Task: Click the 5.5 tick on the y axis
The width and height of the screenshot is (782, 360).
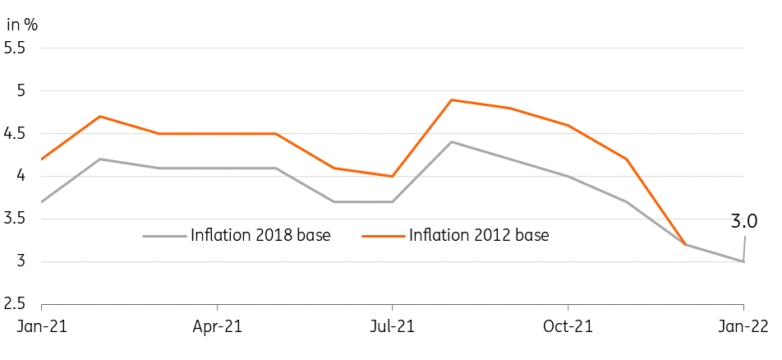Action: coord(16,48)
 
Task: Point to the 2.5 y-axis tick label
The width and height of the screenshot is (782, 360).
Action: coord(16,304)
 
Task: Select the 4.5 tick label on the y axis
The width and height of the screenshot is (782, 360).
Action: coord(16,133)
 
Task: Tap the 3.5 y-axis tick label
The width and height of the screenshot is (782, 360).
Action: coord(16,219)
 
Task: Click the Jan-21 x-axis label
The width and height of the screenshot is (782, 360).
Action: coord(41,326)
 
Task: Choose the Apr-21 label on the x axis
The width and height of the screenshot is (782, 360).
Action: coord(217,326)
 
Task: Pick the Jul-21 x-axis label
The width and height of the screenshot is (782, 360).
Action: coord(392,326)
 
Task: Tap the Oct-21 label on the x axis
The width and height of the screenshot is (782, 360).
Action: coord(568,326)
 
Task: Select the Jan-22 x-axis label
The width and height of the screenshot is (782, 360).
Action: coord(743,326)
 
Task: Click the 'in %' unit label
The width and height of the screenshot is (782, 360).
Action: coord(22,24)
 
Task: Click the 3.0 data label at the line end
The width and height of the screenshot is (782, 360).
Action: coord(744,221)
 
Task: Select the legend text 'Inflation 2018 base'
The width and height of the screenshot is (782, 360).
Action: coord(260,236)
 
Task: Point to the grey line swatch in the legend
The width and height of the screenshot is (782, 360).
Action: coord(164,236)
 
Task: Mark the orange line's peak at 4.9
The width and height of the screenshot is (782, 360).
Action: coord(451,99)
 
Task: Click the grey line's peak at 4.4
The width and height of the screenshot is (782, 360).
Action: coord(451,142)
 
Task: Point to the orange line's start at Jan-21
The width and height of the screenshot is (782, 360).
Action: coord(41,159)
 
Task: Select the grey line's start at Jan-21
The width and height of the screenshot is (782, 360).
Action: coord(41,201)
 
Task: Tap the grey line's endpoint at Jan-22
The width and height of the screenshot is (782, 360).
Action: coord(743,261)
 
